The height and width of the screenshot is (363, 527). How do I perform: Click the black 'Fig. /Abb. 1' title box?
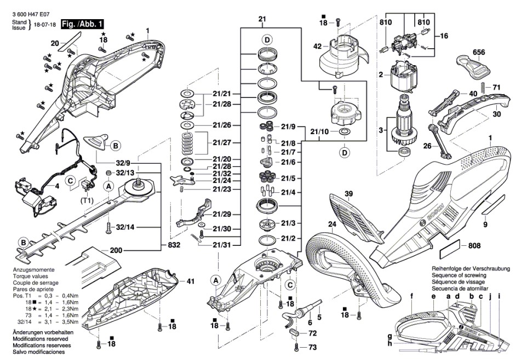click(82, 24)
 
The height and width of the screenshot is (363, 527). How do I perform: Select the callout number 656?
click(480, 52)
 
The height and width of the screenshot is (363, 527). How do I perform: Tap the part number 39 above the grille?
click(348, 193)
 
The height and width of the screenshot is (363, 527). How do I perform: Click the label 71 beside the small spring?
click(496, 88)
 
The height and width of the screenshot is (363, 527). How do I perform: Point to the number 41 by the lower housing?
click(190, 281)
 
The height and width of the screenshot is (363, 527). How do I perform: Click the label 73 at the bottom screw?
click(312, 347)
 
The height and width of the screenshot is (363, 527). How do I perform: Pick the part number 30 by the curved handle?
click(496, 114)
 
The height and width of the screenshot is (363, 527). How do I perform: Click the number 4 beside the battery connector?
click(56, 186)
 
